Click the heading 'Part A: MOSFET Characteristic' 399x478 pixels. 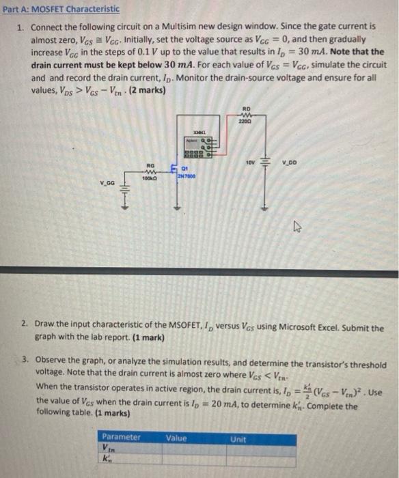click(61, 9)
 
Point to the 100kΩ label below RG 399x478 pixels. click(150, 178)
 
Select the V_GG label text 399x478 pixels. click(107, 182)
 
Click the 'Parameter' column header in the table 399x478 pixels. click(122, 436)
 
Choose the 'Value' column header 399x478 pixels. click(177, 436)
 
